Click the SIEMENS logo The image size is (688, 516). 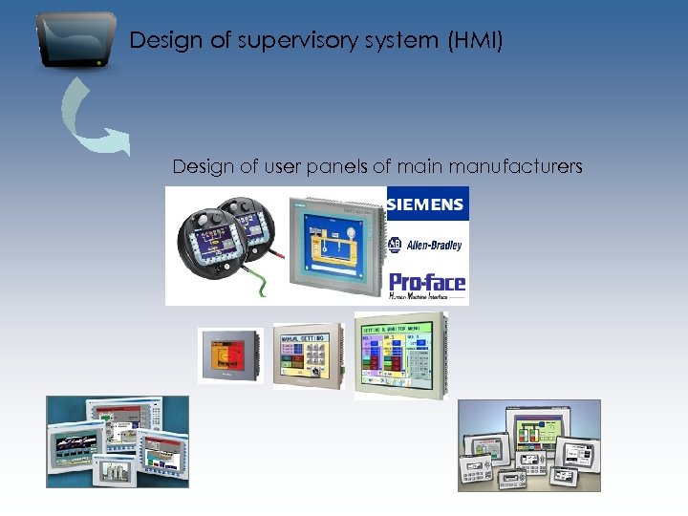point(427,204)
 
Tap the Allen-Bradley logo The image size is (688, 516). point(426,245)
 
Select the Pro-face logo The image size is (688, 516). point(427,284)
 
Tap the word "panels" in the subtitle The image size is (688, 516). point(337,167)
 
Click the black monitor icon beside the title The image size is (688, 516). point(75,40)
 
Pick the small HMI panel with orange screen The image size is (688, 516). point(230,356)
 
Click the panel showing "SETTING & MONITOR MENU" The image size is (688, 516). point(398,353)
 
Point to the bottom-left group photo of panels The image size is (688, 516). point(118,441)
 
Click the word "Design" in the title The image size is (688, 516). point(160,41)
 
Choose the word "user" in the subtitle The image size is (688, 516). point(272,167)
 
